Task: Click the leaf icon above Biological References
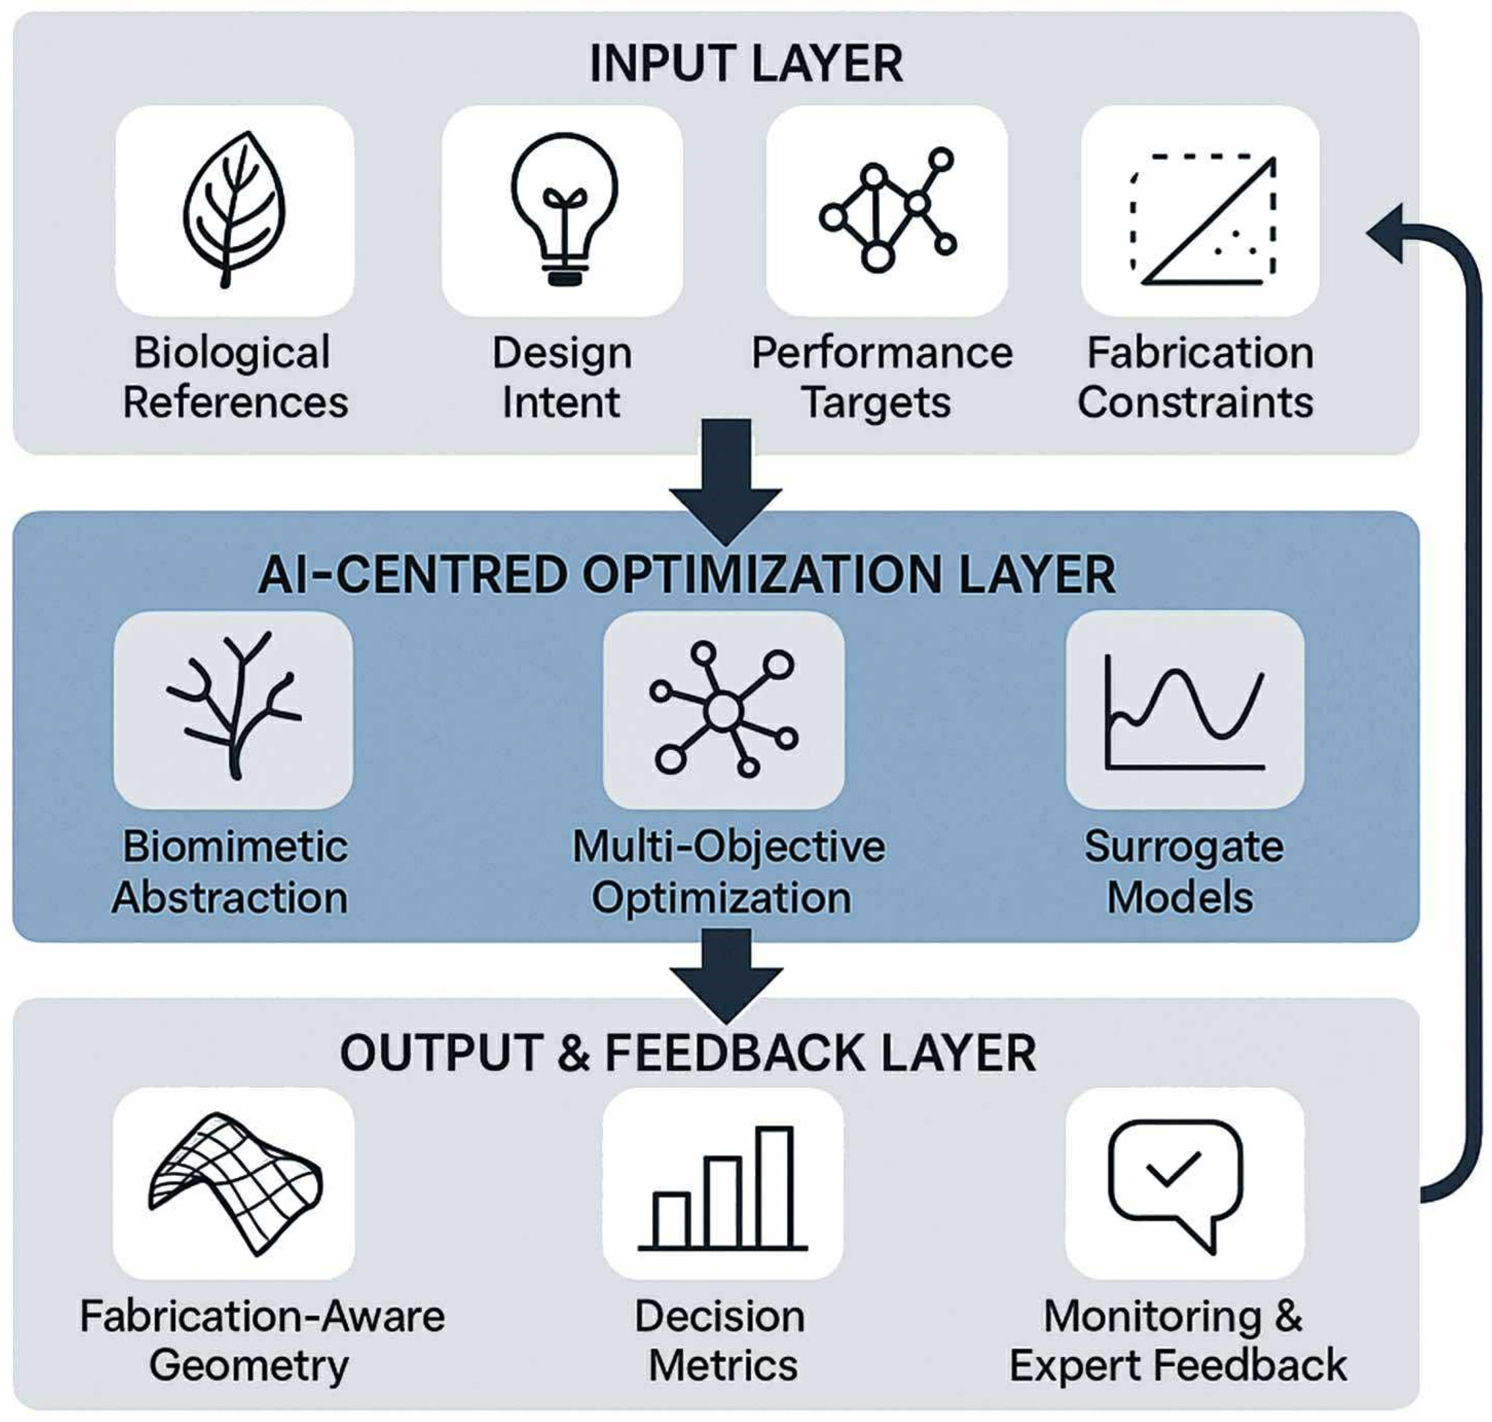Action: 233,210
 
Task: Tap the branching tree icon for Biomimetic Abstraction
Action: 233,707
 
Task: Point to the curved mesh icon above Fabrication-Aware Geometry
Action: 235,1183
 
